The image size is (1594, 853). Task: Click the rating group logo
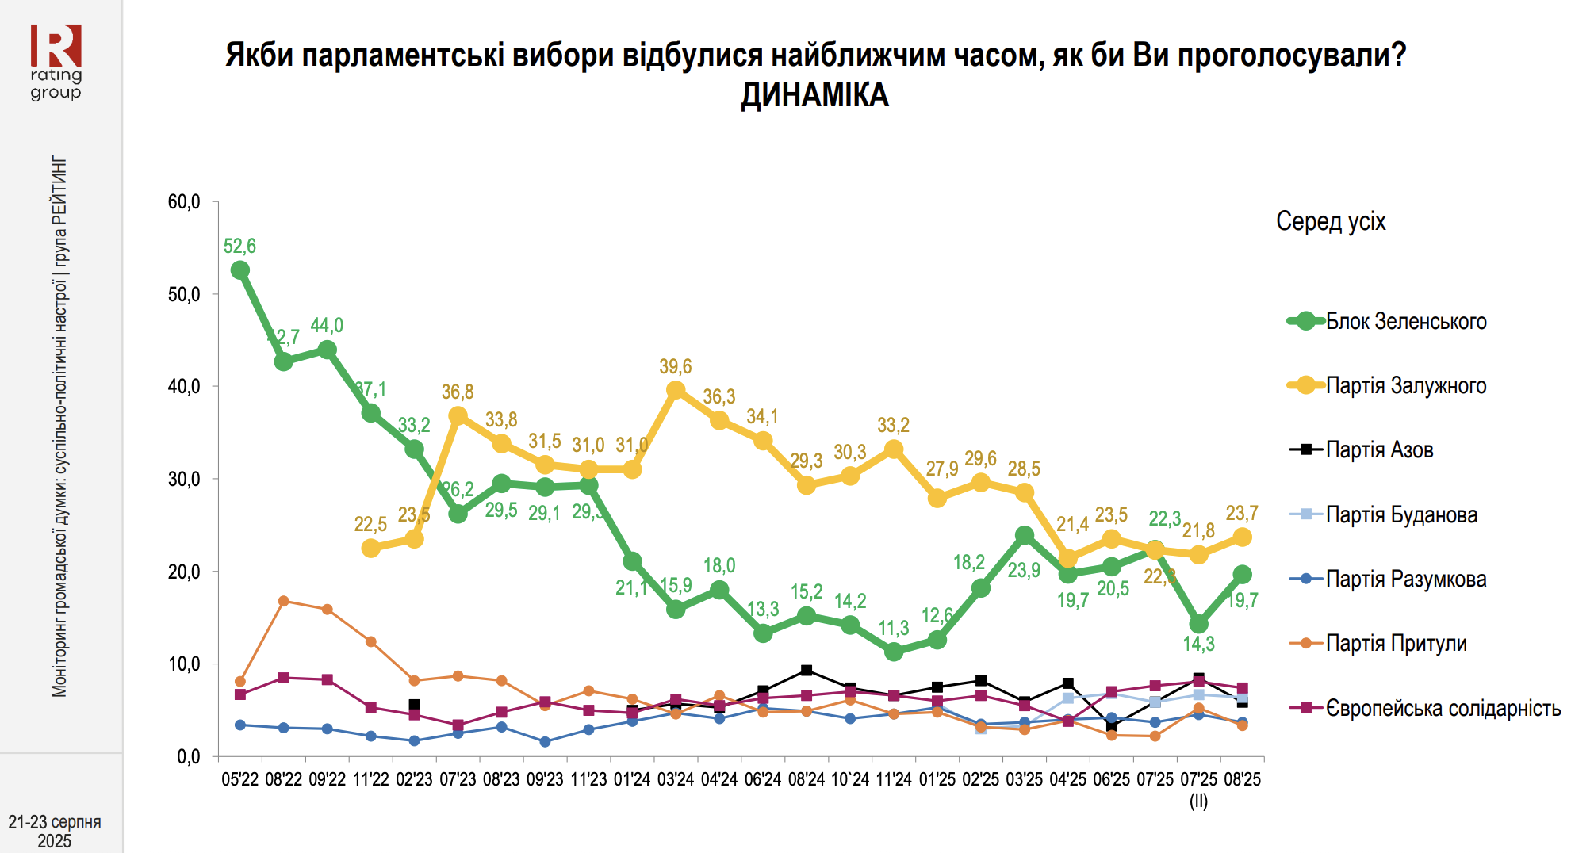(x=56, y=62)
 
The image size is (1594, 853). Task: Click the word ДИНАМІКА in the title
(x=814, y=96)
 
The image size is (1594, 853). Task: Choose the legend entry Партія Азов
(x=1379, y=450)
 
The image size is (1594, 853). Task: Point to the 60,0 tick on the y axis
(x=184, y=202)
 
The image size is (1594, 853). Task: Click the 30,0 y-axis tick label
(x=184, y=479)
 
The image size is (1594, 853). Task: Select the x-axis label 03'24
(x=676, y=779)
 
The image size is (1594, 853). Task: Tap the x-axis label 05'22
(x=239, y=779)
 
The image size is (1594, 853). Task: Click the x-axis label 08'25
(x=1242, y=779)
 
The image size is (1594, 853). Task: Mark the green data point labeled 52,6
(x=239, y=270)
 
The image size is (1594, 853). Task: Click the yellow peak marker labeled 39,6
(x=676, y=390)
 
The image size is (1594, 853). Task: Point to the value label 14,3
(x=1198, y=644)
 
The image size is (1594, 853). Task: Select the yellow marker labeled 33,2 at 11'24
(x=894, y=449)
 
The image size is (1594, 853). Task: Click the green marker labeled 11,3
(x=894, y=652)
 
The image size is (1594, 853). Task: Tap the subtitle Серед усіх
(x=1331, y=222)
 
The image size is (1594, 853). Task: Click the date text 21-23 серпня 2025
(x=55, y=831)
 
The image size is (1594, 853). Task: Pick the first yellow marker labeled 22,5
(x=370, y=548)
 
